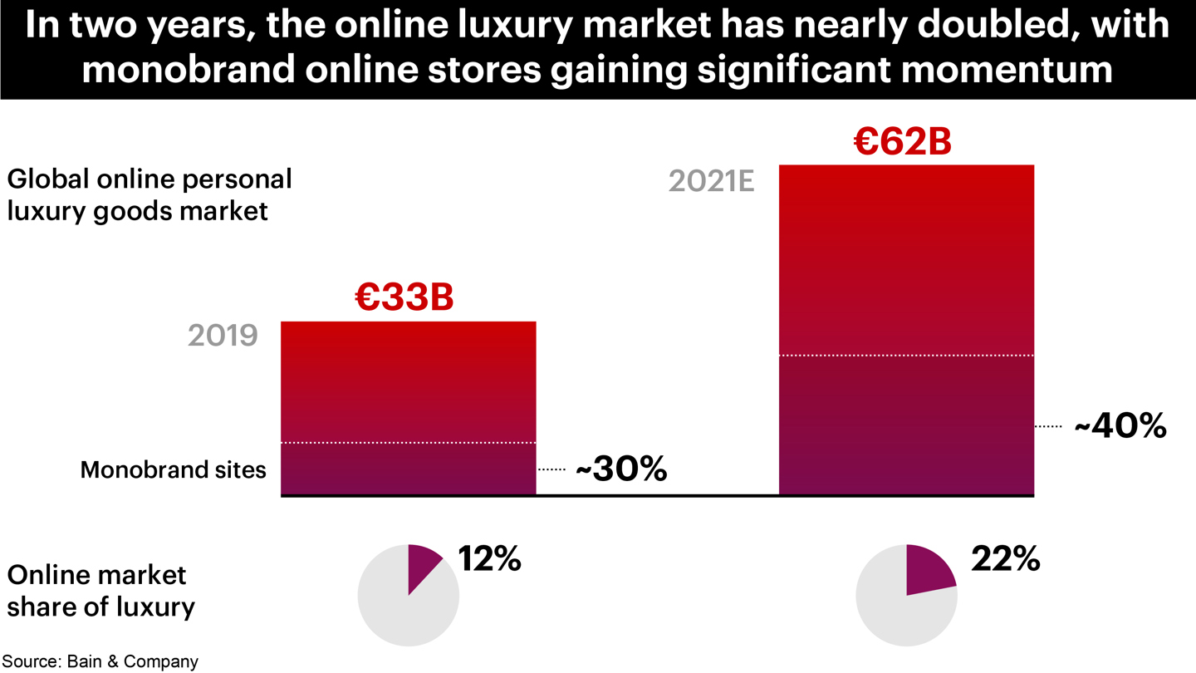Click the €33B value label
[404, 297]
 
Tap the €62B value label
[902, 141]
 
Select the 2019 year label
[223, 336]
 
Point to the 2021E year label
[711, 181]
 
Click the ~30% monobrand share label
[621, 469]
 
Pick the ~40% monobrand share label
[1120, 426]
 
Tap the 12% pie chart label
[489, 559]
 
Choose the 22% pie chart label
[1005, 559]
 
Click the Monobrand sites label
[173, 469]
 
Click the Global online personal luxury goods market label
[149, 194]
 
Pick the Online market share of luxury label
[100, 591]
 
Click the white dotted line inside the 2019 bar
[408, 443]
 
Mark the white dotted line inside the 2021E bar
[906, 356]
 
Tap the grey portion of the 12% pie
[399, 615]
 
